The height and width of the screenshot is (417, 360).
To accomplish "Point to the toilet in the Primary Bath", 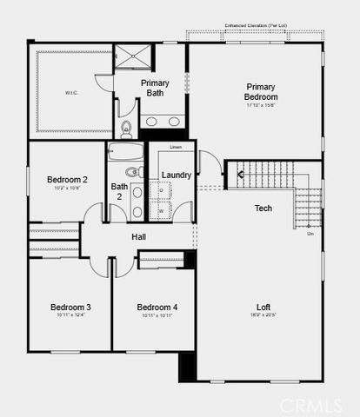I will [x=127, y=130].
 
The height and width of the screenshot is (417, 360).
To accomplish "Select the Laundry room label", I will [x=177, y=175].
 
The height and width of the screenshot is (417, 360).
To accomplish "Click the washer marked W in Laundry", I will [x=161, y=210].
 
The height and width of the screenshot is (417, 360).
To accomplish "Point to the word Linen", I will [x=176, y=149].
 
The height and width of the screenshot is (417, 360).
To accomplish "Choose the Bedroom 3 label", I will [x=70, y=308].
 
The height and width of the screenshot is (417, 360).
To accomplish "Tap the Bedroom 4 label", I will [x=157, y=308].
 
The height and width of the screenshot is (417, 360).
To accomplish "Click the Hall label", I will [x=139, y=236].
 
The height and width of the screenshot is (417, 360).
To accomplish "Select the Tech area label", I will [x=263, y=208].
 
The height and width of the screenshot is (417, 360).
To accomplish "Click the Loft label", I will [x=263, y=307].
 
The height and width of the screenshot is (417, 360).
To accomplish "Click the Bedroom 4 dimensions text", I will [x=157, y=315].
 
